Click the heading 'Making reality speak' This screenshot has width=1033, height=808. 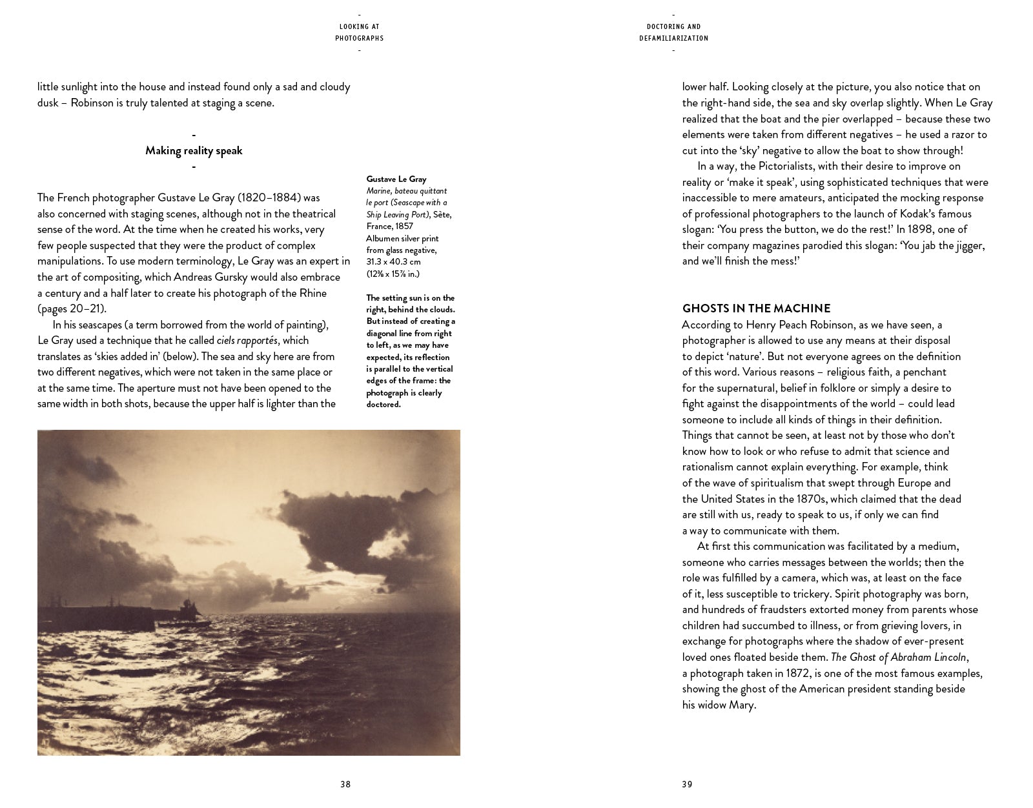tap(194, 150)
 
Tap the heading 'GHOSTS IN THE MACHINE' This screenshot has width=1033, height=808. tap(756, 308)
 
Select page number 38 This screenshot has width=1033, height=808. tap(345, 785)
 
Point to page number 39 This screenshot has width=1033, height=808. tap(687, 785)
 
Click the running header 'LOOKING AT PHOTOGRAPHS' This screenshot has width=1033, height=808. tap(359, 32)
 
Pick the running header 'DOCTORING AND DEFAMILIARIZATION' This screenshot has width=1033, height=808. tap(673, 32)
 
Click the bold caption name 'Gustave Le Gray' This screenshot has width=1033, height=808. tap(396, 179)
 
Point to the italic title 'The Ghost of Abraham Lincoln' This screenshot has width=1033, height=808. tap(898, 658)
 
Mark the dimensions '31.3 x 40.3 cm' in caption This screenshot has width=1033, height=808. tap(394, 261)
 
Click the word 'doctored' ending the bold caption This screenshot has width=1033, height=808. tap(383, 405)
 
